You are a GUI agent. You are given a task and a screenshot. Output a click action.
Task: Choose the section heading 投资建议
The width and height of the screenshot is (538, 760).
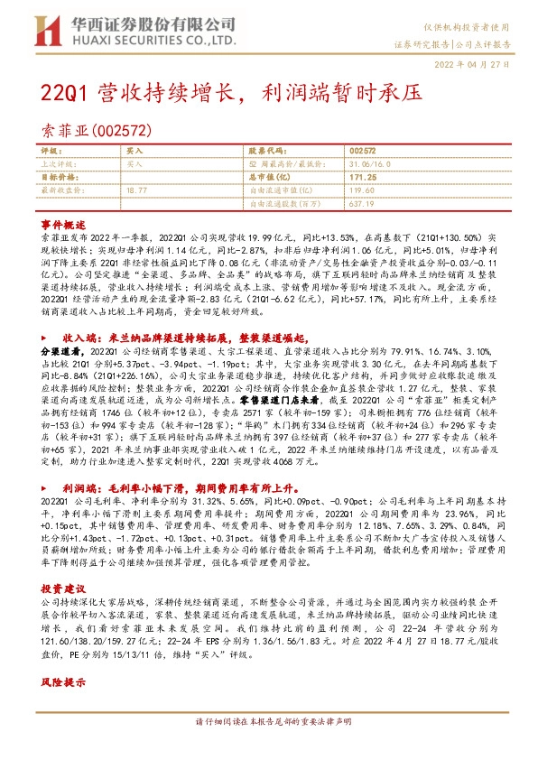(x=61, y=561)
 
